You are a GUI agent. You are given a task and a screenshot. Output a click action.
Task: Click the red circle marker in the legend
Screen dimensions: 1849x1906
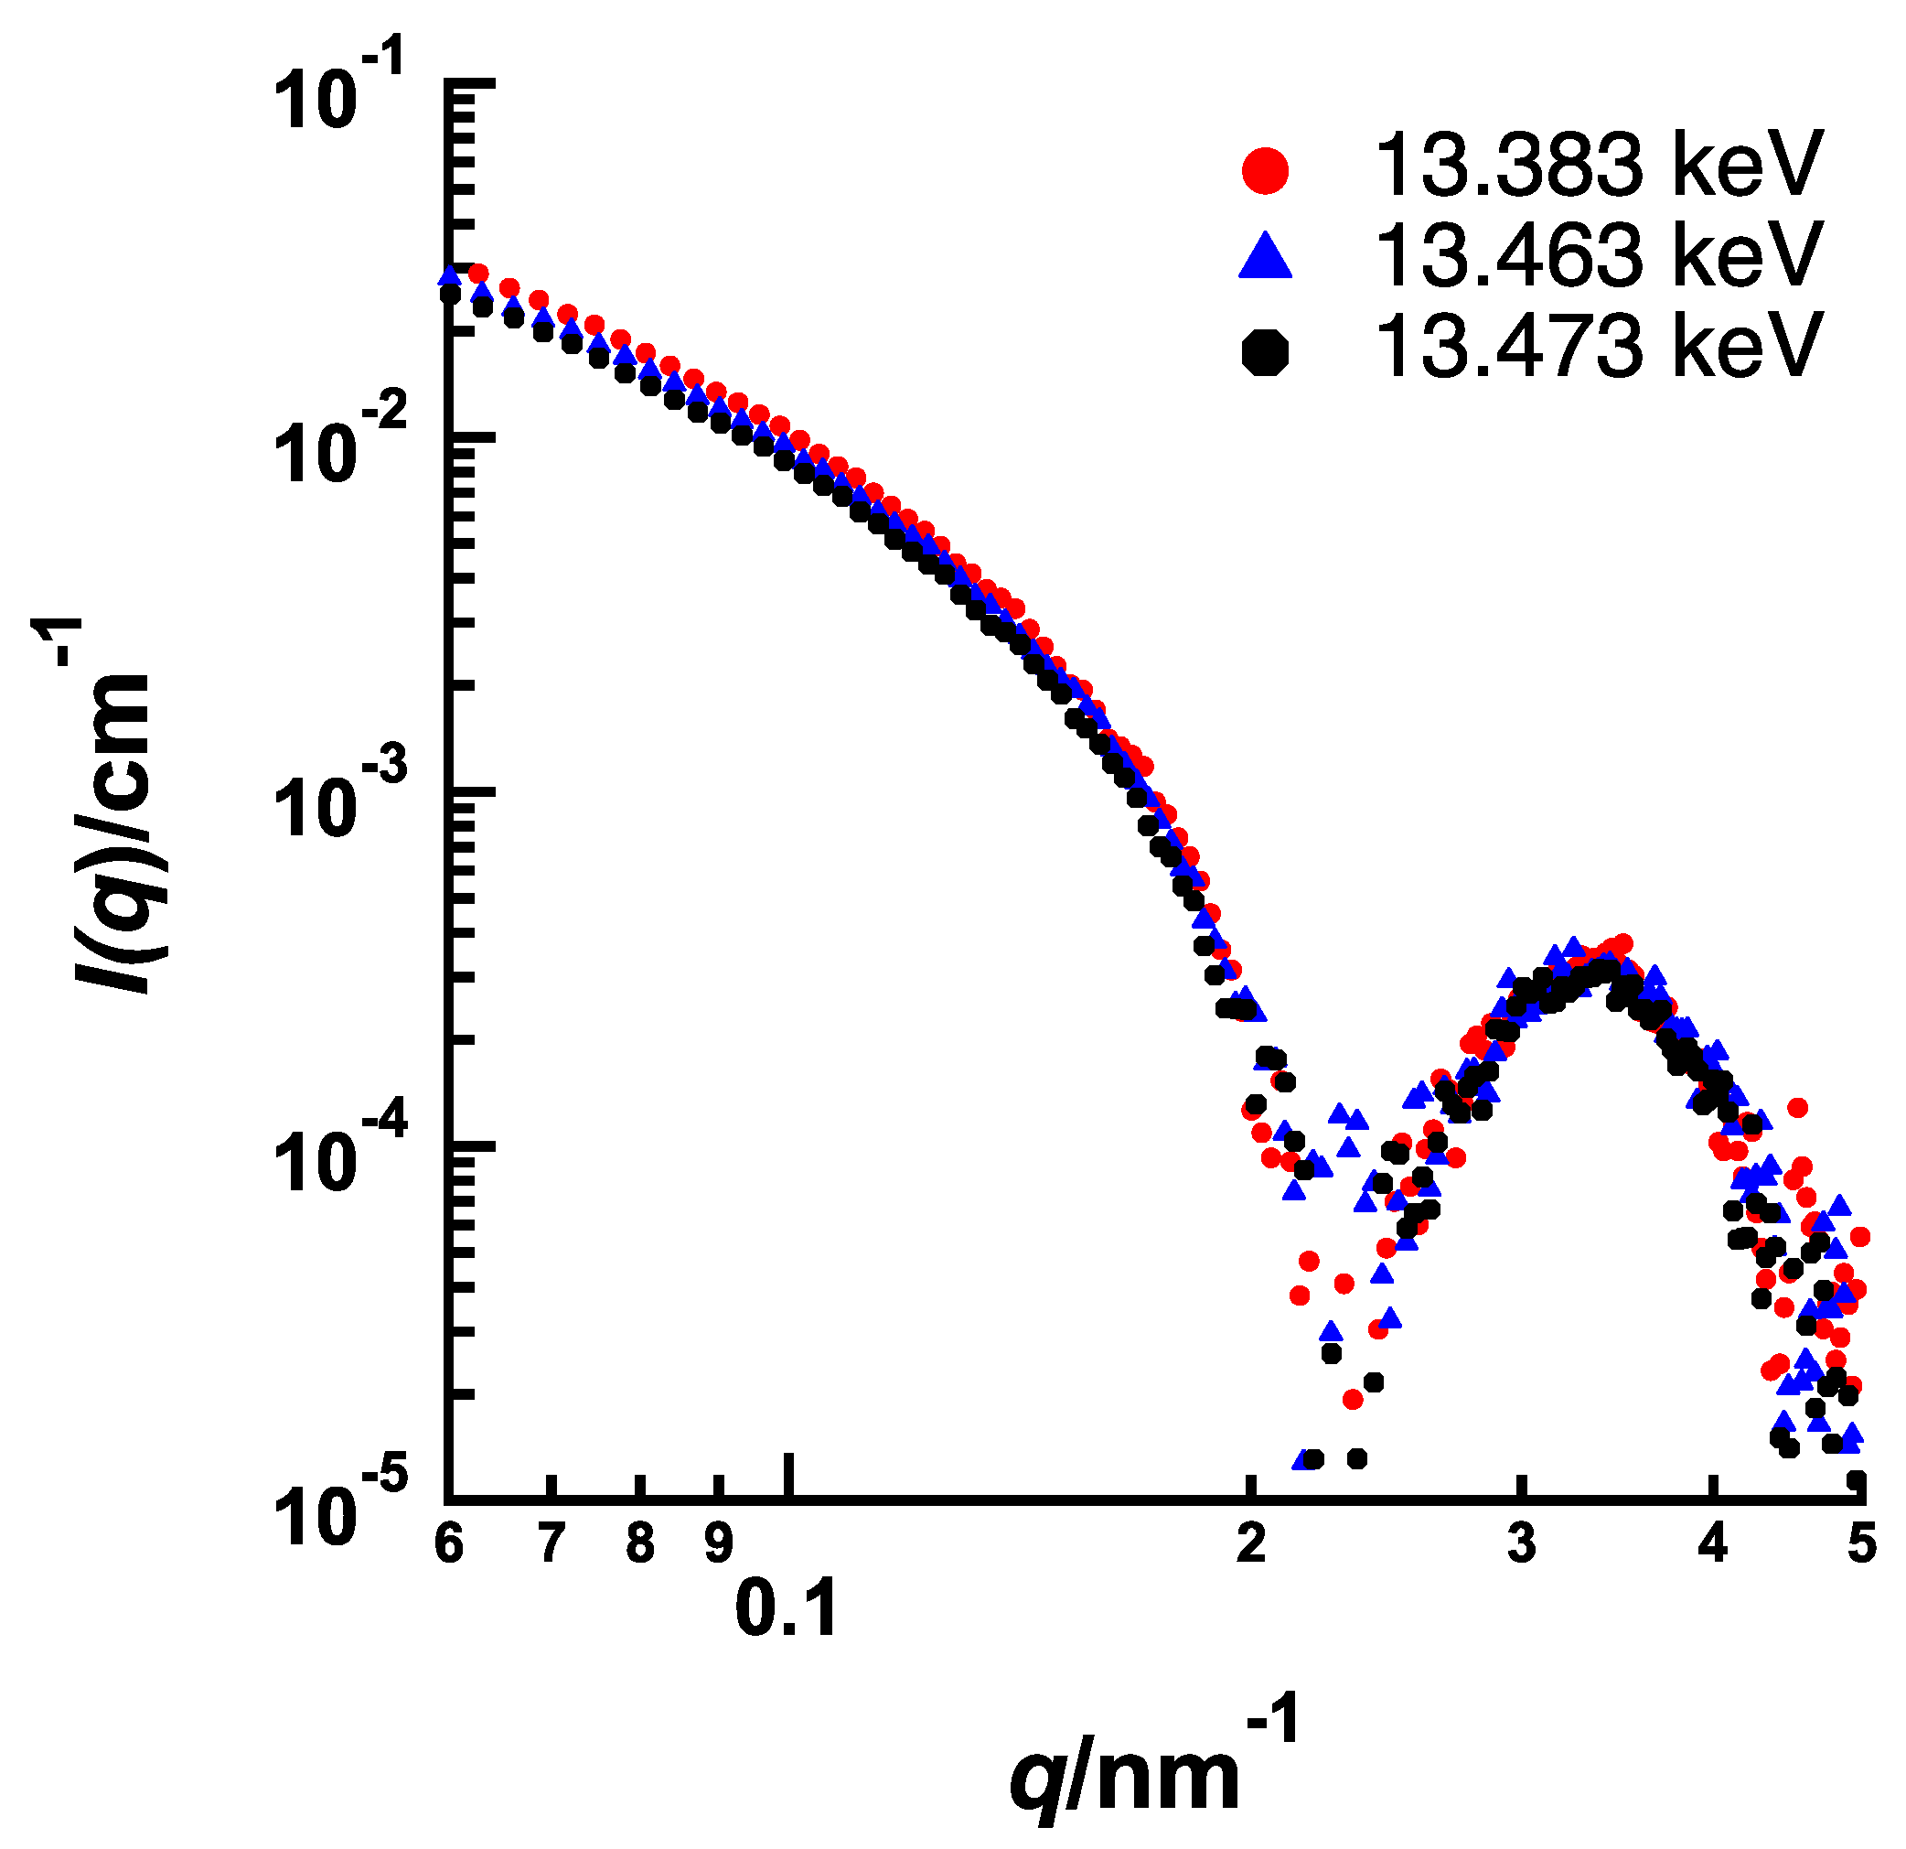click(x=1265, y=171)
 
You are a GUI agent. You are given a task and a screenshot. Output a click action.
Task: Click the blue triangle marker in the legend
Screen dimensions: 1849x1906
click(x=1265, y=258)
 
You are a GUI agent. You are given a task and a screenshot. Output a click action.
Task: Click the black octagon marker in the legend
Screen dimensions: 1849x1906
click(x=1265, y=351)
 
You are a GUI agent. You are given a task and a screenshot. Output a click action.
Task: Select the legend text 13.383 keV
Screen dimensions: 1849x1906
click(x=1597, y=166)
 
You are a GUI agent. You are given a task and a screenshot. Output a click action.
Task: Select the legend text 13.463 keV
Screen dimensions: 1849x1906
click(x=1597, y=256)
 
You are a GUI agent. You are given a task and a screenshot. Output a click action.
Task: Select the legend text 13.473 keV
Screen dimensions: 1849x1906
click(x=1597, y=348)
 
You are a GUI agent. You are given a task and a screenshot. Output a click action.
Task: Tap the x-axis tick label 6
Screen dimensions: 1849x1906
click(x=448, y=1543)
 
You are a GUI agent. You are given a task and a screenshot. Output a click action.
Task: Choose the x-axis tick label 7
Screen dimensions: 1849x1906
click(x=551, y=1543)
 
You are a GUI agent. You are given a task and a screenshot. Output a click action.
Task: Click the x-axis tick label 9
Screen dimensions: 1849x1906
click(x=718, y=1543)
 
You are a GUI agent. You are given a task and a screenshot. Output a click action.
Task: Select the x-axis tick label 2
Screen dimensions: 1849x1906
click(x=1250, y=1543)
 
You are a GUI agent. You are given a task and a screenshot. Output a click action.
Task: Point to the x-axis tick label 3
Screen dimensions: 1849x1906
click(x=1522, y=1543)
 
